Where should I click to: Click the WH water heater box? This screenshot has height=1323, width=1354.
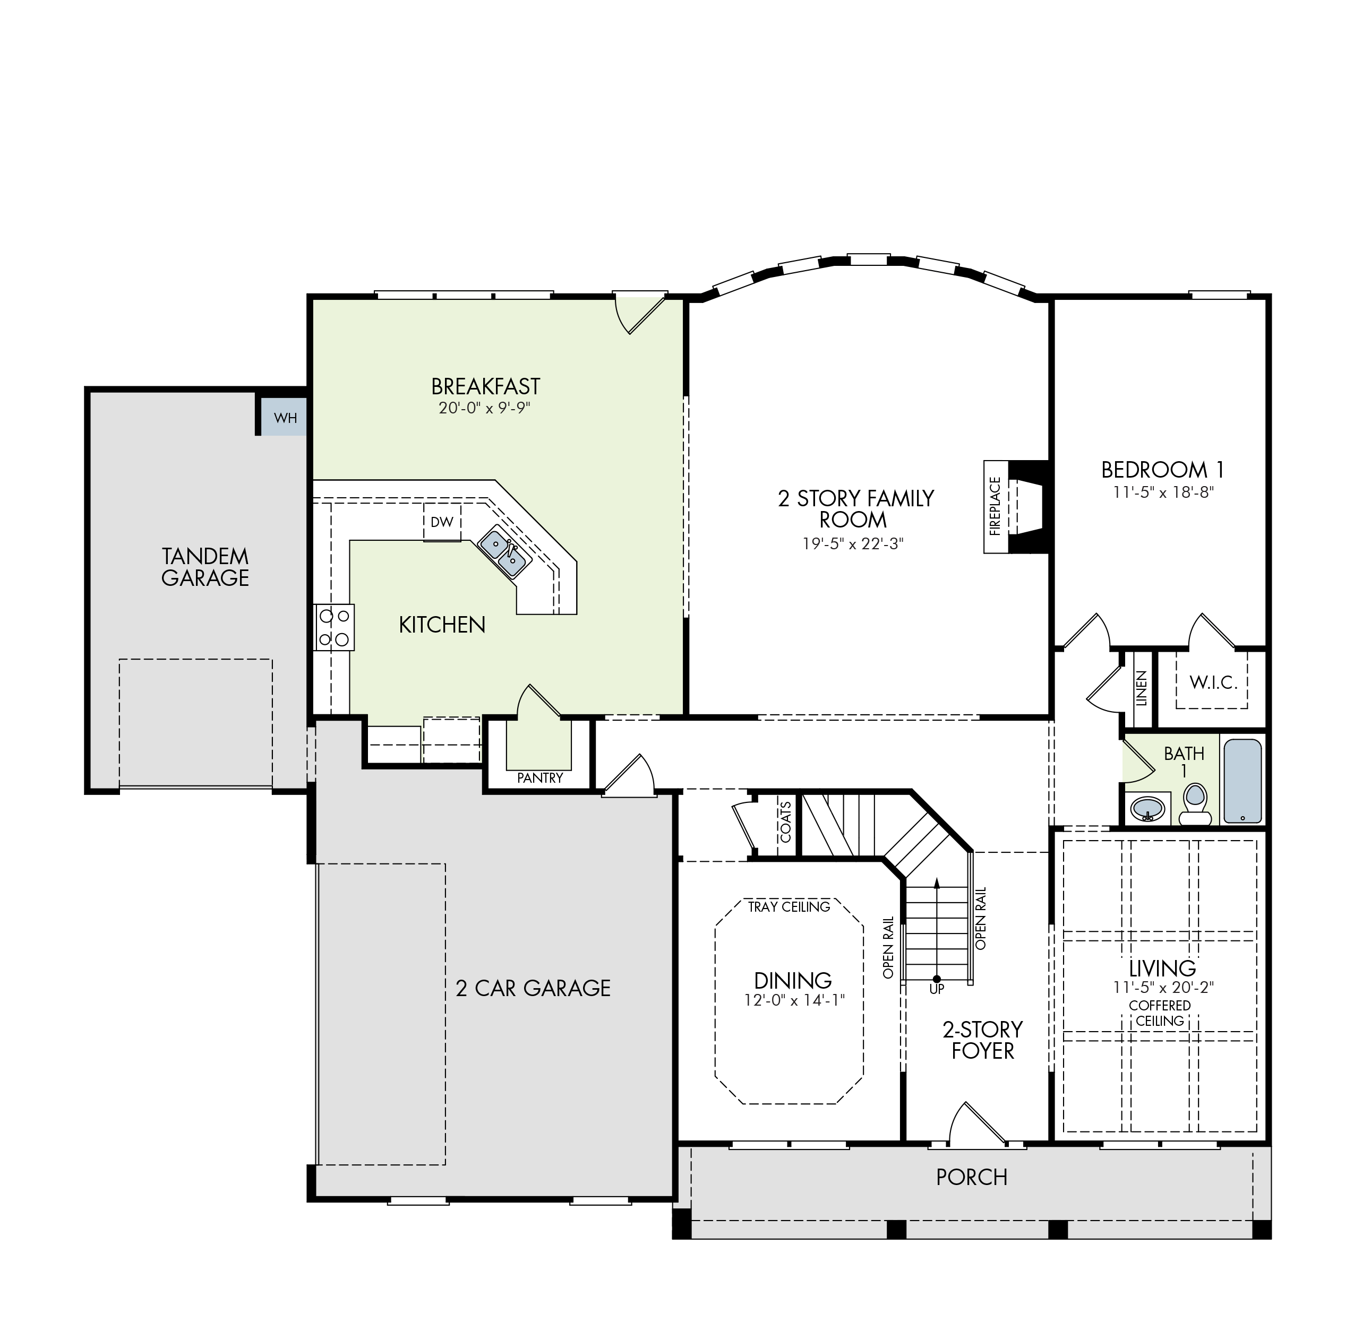click(284, 416)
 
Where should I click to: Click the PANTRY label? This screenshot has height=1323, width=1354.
click(539, 778)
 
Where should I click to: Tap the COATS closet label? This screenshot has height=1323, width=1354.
click(785, 822)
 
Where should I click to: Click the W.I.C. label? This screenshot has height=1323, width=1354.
click(1214, 683)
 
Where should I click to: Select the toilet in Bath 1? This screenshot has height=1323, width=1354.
click(1195, 805)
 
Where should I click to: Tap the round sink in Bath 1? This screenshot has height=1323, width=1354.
click(1147, 808)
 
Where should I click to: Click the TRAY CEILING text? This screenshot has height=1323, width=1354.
click(789, 907)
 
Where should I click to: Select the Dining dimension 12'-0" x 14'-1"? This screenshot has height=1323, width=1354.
click(793, 1000)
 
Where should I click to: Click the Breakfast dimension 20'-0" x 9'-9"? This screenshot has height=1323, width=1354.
click(484, 408)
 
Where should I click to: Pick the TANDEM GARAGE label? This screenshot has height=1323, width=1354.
click(205, 567)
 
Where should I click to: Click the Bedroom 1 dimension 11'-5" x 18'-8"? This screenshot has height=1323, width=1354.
click(1162, 492)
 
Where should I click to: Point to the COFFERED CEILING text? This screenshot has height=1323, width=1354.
click(1159, 1013)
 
